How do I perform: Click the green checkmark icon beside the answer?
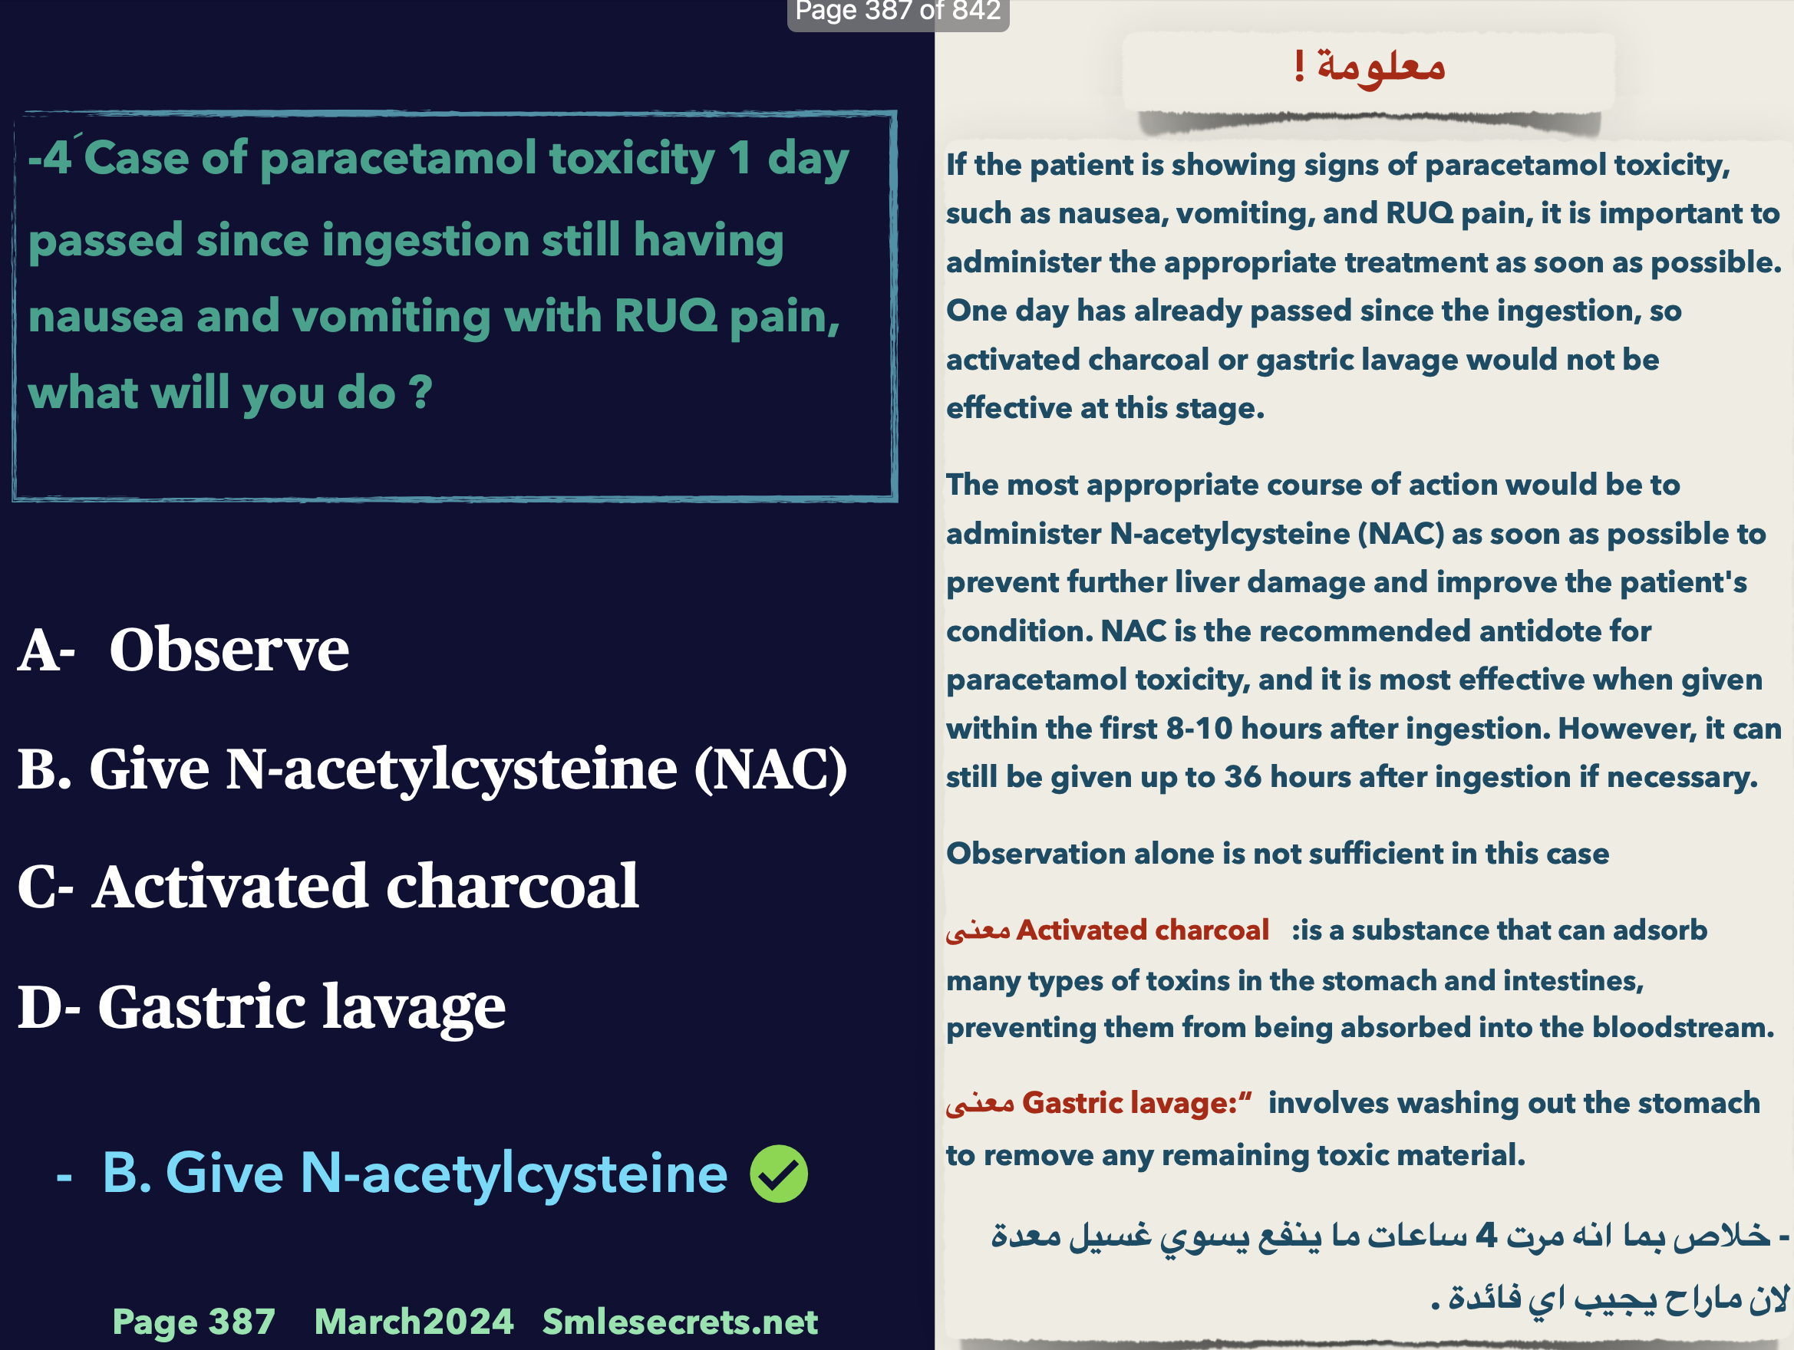(779, 1174)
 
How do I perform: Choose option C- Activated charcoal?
(328, 886)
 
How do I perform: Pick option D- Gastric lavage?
(261, 1006)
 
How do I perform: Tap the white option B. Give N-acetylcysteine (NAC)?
(432, 768)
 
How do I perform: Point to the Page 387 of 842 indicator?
(897, 12)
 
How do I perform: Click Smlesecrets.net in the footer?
(680, 1322)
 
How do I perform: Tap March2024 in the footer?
(414, 1322)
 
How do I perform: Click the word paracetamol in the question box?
(398, 158)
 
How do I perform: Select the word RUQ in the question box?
(665, 315)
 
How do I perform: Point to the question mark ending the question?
(421, 393)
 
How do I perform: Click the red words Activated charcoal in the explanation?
(1142, 930)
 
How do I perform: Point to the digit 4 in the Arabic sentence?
(1486, 1235)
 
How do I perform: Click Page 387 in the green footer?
(193, 1322)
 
